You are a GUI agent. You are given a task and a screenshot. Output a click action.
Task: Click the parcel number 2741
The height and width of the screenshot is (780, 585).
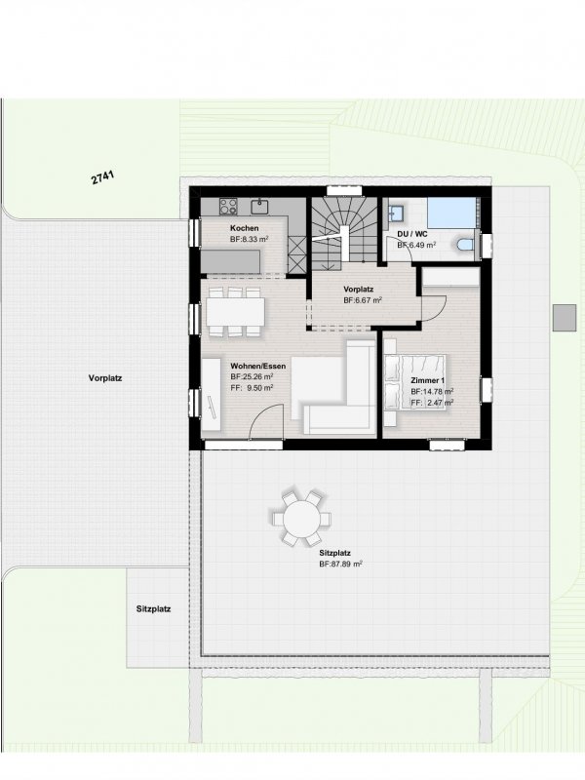click(103, 177)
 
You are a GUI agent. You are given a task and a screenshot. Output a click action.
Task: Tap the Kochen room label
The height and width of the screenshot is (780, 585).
click(245, 228)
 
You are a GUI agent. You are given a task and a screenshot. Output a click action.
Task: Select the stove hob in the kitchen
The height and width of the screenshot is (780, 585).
click(229, 206)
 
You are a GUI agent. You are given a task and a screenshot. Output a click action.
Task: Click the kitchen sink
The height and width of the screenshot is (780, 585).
click(259, 206)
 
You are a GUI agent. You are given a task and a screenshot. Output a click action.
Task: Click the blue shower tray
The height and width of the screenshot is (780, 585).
click(452, 214)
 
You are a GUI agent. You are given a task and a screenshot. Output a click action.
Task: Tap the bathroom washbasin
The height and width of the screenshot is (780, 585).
click(397, 213)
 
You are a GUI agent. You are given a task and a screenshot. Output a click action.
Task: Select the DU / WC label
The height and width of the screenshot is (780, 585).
click(411, 234)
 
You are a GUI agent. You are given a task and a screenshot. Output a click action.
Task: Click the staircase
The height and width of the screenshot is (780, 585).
click(344, 234)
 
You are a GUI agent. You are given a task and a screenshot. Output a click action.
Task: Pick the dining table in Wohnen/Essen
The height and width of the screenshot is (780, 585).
click(235, 312)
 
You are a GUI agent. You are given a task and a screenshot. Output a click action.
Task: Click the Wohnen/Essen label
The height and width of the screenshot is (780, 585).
click(258, 367)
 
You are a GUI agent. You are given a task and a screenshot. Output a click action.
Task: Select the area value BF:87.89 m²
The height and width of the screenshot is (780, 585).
click(340, 565)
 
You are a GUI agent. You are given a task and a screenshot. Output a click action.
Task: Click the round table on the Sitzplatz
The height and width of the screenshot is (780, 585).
click(301, 519)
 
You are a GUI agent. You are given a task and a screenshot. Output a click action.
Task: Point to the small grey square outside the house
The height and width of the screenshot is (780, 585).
click(565, 318)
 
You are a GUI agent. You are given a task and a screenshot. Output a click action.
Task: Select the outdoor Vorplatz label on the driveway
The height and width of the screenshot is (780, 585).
click(105, 378)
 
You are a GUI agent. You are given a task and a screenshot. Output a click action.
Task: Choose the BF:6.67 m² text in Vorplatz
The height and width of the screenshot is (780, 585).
click(363, 300)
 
